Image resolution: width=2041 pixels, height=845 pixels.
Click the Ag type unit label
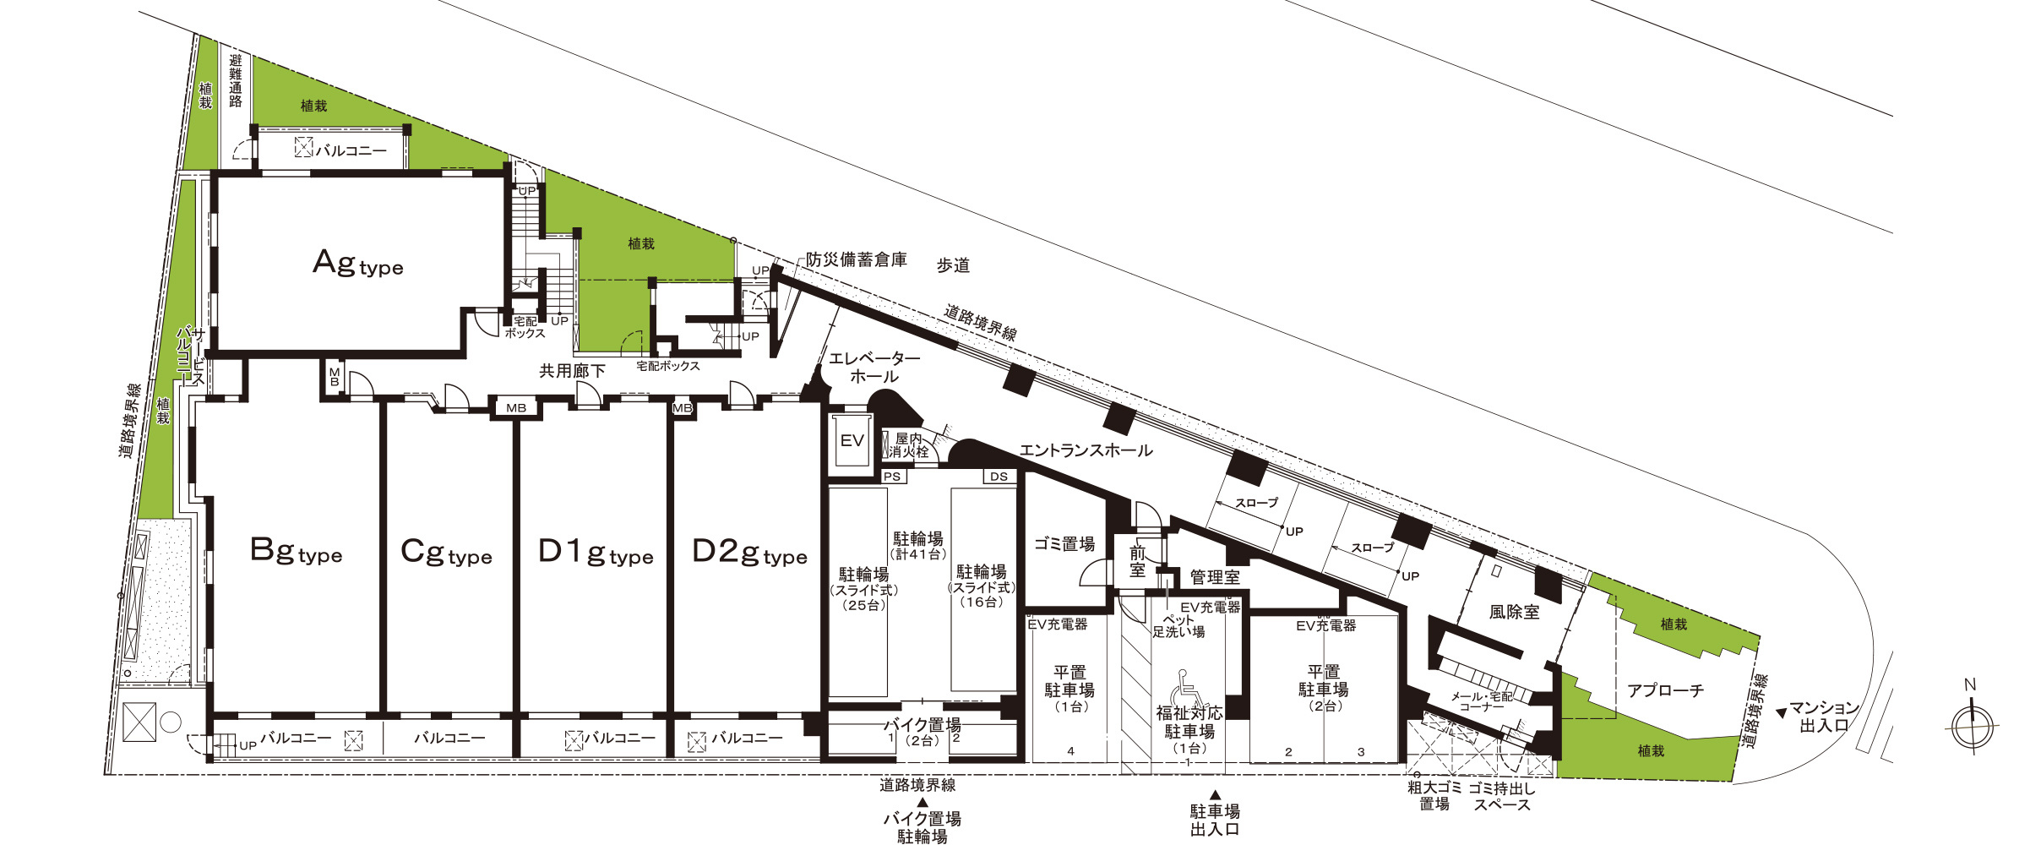point(358,263)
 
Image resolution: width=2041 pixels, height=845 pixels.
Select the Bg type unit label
point(297,551)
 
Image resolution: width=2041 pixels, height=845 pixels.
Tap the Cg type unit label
point(446,553)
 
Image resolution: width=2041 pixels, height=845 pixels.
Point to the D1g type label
point(596,553)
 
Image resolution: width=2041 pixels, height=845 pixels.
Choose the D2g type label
point(749,553)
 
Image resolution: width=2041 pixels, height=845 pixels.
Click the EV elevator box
point(852,440)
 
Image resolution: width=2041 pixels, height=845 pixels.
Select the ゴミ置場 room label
point(1064,544)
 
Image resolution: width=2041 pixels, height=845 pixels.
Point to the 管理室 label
point(1215,577)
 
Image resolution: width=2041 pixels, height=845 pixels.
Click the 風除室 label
point(1514,612)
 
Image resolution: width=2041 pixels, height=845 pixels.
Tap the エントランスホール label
point(1086,450)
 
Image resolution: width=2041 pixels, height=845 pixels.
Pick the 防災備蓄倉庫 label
point(856,259)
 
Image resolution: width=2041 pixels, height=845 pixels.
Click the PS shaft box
point(892,477)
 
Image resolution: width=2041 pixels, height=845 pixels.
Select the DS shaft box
point(999,477)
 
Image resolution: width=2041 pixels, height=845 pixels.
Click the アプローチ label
point(1665,690)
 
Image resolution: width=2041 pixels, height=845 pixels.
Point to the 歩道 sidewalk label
point(953,265)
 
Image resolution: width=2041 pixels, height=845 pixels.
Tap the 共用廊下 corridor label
point(573,371)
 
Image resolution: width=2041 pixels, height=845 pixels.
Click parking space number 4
point(1070,751)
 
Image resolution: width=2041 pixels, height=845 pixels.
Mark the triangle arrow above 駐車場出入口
point(1215,795)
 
